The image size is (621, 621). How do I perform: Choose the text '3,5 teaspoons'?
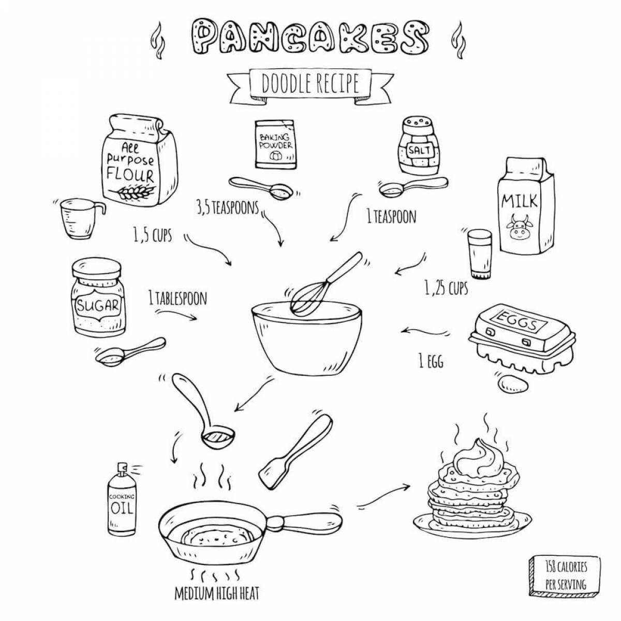tap(227, 208)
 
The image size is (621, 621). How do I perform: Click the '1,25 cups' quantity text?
tap(446, 288)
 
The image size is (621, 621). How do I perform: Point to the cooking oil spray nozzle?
tap(122, 468)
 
